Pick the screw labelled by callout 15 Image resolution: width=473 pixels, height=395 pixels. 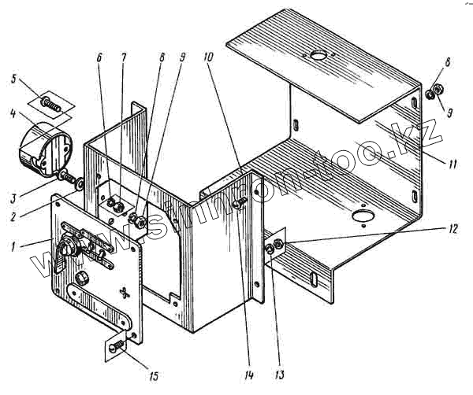[x=117, y=344]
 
